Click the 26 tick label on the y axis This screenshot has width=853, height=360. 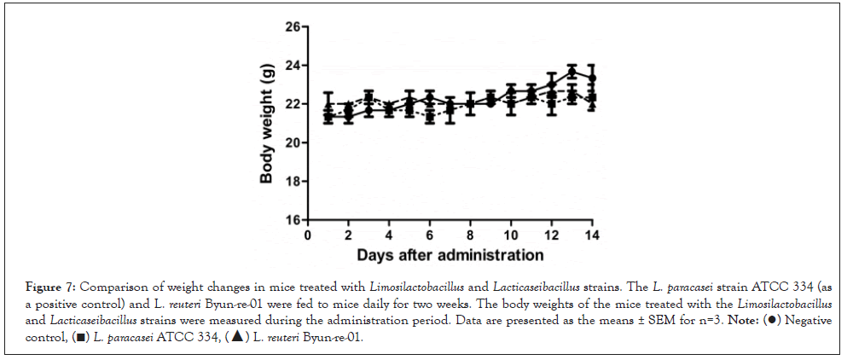pos(293,27)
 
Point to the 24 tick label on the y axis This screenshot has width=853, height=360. pos(293,66)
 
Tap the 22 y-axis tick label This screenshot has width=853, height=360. pos(293,104)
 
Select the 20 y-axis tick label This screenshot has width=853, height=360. pos(293,142)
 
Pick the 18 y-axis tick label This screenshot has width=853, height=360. pos(293,181)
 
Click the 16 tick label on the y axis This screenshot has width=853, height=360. pos(293,219)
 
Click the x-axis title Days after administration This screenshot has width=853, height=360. pos(450,254)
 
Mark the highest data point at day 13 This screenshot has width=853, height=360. pos(572,72)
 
